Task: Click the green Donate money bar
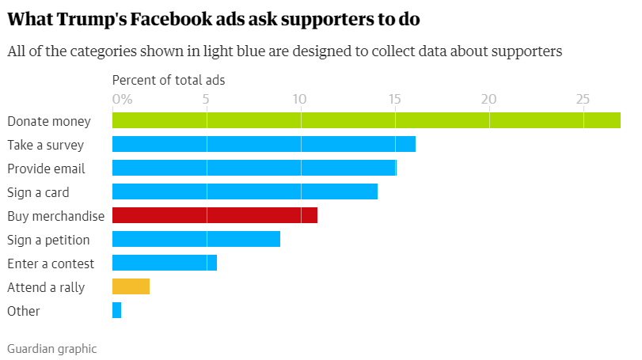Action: pos(366,120)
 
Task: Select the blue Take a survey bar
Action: pos(264,144)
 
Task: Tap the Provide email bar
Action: pos(254,168)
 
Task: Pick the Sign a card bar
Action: pos(245,191)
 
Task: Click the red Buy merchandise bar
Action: pos(215,215)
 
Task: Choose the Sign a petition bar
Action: pos(196,239)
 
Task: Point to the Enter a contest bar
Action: pos(165,263)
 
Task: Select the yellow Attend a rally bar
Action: pos(131,286)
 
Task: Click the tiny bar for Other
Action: pos(117,310)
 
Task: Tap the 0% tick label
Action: pos(121,100)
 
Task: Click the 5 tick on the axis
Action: pos(206,100)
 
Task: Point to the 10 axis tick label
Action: pos(299,100)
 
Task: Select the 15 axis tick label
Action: pos(394,100)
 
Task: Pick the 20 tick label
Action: pos(489,100)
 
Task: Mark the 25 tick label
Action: pos(583,100)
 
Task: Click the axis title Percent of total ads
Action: pos(169,80)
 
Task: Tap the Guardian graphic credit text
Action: pos(51,347)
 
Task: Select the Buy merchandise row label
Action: pos(55,216)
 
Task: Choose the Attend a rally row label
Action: pos(46,287)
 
